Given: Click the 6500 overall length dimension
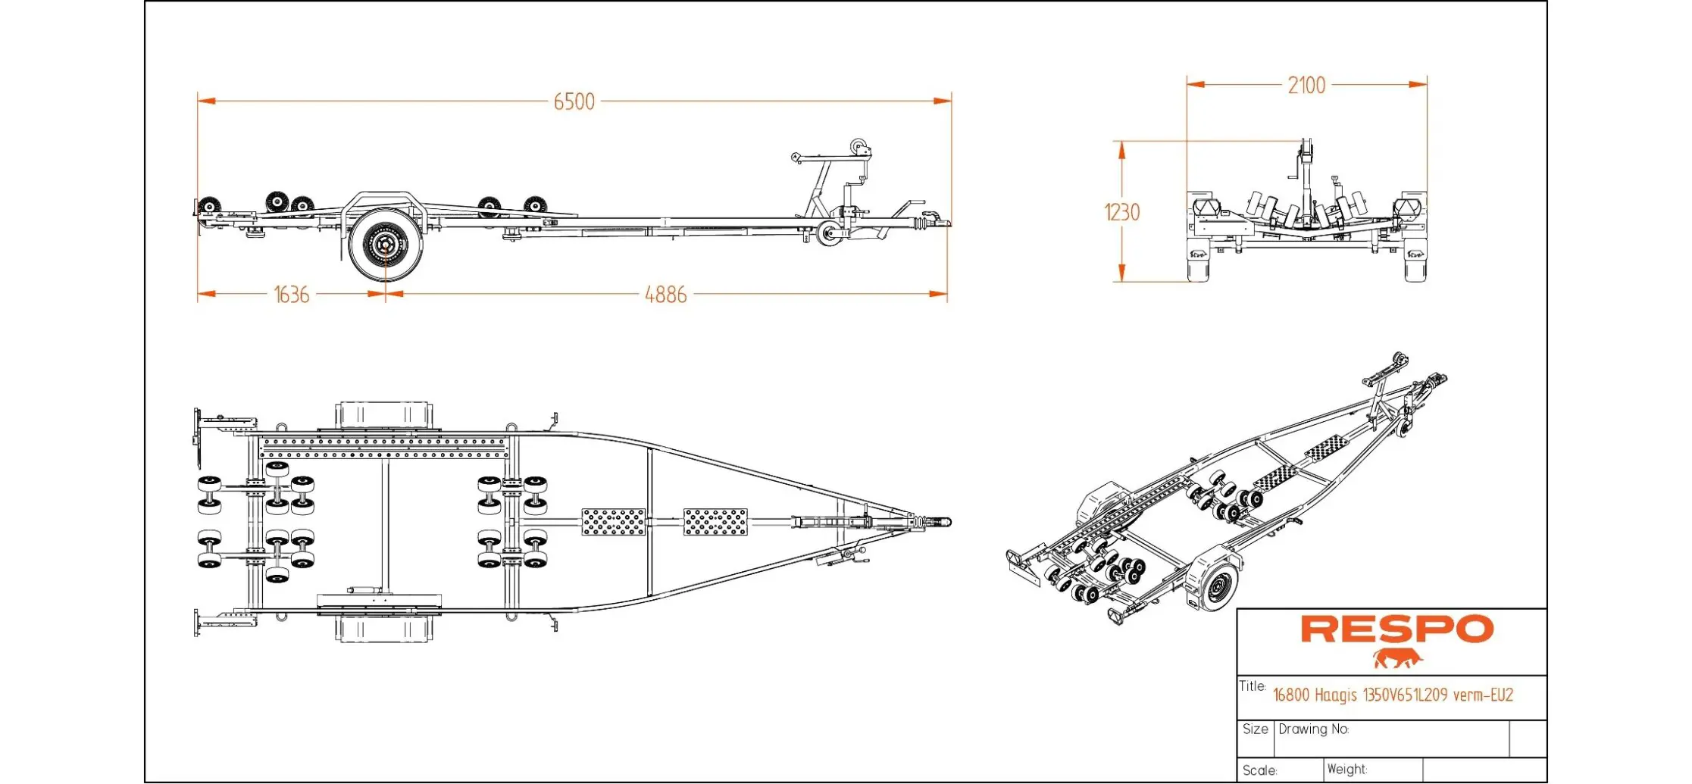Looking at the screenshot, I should click(574, 102).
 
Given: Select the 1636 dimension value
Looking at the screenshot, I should click(292, 294).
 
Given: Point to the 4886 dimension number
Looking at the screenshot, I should click(665, 294).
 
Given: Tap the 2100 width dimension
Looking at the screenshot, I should click(1306, 86).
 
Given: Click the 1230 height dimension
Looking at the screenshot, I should click(1121, 212).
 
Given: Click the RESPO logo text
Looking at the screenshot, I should click(1396, 629).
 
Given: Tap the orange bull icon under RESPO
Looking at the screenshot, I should click(1396, 658).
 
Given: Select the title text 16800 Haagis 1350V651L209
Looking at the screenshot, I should click(1392, 695).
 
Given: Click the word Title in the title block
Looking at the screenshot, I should click(1252, 686).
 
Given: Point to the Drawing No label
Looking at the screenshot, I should click(1313, 729).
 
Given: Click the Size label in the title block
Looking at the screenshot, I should click(1255, 729).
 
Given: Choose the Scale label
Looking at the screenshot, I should click(1259, 770).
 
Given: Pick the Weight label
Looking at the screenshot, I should click(1346, 770).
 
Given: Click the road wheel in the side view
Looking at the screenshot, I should click(386, 245).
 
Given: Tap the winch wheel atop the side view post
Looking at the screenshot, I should click(859, 146).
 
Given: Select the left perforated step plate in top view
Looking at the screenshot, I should click(613, 522).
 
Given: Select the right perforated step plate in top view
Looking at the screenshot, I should click(715, 522).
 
